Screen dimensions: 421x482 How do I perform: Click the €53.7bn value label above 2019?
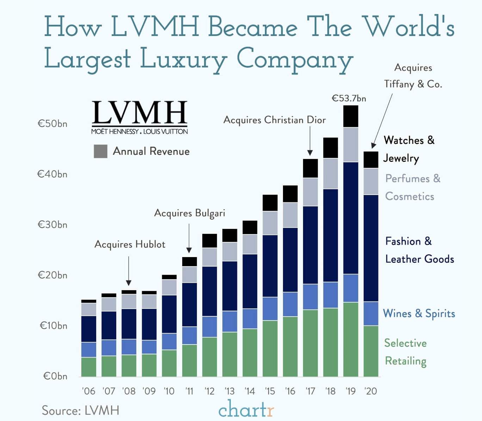coord(349,98)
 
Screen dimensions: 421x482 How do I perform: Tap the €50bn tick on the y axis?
coord(52,124)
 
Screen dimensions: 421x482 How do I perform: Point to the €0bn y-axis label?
coord(55,376)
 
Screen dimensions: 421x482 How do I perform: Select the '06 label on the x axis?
coord(88,391)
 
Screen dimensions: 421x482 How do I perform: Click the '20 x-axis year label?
coord(371,391)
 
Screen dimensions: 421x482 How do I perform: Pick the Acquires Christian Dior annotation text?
coord(274,120)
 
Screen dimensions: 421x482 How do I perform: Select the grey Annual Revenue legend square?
coord(100,151)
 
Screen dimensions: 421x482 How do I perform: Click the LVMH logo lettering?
coord(140,112)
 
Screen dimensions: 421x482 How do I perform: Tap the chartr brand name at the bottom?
coord(246,409)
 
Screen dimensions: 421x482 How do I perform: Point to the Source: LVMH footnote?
coord(80,410)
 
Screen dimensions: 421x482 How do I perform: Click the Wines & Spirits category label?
coord(419,313)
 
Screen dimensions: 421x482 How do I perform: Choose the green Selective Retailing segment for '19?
coord(351,339)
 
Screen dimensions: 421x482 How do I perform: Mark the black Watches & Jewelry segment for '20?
coord(371,160)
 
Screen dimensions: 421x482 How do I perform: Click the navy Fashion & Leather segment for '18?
coord(330,235)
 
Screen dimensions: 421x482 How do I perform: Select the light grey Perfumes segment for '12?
coord(209,257)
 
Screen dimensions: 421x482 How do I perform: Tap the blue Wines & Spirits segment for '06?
coord(88,349)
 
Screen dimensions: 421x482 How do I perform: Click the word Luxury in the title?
coord(183,59)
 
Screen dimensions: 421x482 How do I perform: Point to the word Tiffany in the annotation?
coord(399,84)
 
